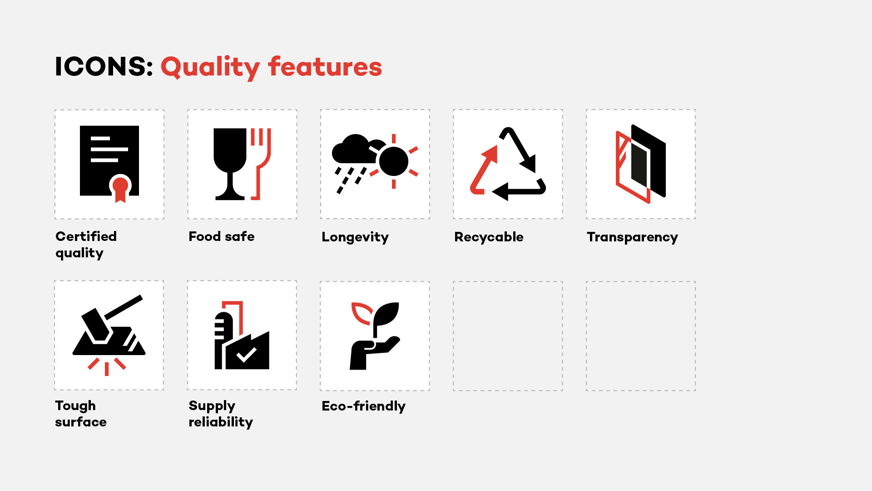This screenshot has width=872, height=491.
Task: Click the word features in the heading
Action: point(325,66)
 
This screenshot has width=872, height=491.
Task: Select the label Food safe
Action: point(222,236)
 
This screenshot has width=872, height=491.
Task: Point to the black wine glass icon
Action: point(230,164)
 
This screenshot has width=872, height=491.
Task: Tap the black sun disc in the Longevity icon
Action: point(394,161)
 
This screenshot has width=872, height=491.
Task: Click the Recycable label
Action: point(489,237)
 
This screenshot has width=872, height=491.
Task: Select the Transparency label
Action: point(632,237)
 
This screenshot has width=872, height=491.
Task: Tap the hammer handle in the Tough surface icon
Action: point(124,307)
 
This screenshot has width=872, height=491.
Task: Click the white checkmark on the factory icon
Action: point(247,355)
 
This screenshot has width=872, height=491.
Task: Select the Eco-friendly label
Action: point(364,406)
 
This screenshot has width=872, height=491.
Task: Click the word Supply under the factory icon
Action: point(212,406)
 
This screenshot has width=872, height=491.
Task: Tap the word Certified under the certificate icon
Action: point(86,236)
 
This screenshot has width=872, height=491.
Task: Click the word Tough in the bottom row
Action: point(75,406)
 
